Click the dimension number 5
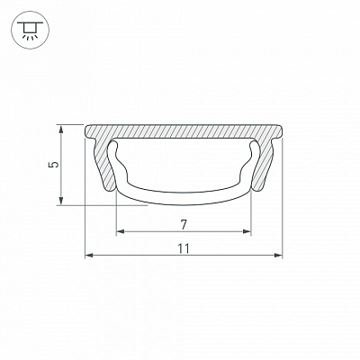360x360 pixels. pos(54,165)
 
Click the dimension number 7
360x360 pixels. pos(184,224)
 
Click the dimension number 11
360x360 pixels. pos(184,248)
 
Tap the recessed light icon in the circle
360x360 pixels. pos(30,31)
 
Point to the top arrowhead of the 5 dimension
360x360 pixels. pos(61,130)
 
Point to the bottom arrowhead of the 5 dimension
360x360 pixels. pos(61,201)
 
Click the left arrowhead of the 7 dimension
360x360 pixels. pos(121,231)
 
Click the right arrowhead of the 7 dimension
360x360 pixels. pos(247,231)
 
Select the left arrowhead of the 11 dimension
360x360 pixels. pos(89,256)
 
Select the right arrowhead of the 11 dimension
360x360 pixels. pos(278,256)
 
